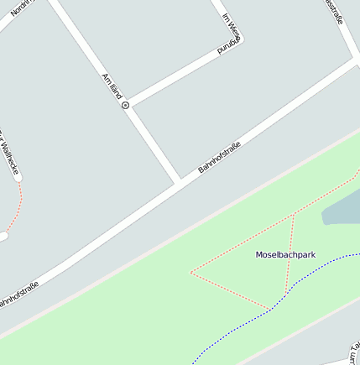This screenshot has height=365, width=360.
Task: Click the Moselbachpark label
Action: click(x=285, y=254)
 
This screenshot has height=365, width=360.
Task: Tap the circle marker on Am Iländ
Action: click(x=126, y=106)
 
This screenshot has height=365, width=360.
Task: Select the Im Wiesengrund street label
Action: click(x=231, y=34)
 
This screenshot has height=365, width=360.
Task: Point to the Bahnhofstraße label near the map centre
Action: click(x=219, y=159)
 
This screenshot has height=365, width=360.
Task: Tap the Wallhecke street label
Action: click(x=10, y=156)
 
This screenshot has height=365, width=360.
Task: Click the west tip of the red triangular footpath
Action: click(x=191, y=272)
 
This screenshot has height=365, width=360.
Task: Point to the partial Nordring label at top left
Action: click(x=20, y=6)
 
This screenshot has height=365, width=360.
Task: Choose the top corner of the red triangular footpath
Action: click(x=294, y=216)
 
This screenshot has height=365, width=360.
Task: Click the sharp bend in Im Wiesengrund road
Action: click(x=238, y=44)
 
